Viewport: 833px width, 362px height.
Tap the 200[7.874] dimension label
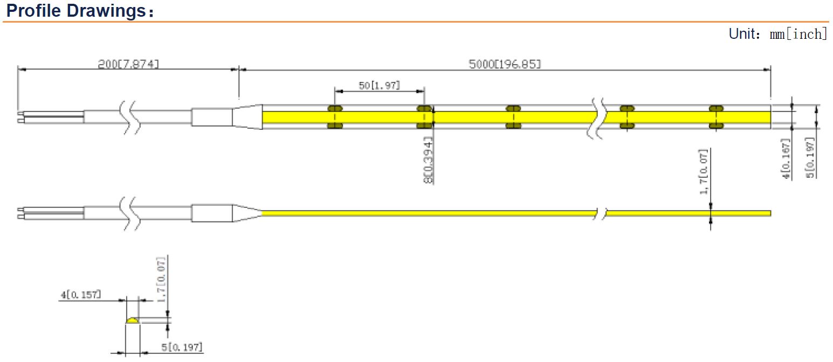click(128, 64)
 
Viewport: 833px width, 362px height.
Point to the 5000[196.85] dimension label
click(505, 64)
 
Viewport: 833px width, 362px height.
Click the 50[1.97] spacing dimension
click(380, 85)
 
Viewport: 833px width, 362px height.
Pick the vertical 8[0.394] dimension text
click(429, 160)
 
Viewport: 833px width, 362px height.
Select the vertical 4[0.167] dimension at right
click(787, 159)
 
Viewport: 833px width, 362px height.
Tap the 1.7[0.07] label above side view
click(704, 172)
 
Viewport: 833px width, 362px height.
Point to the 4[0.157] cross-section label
click(80, 295)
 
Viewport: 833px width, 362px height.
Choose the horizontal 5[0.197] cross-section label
click(182, 347)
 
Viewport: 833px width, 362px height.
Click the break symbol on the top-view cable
click(131, 117)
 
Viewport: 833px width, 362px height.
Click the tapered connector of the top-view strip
click(247, 117)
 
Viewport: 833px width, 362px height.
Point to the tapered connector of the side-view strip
click(246, 213)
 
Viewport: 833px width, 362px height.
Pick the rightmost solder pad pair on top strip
click(716, 117)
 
